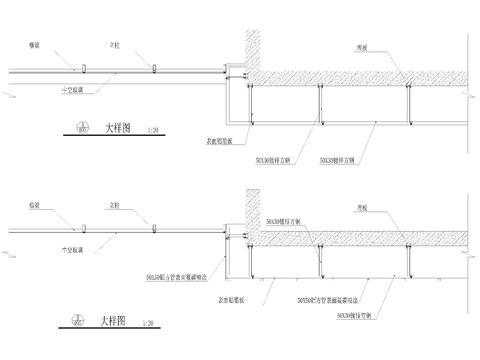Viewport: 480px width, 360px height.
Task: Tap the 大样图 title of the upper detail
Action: point(117,128)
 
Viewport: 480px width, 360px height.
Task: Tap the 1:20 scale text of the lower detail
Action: point(149,323)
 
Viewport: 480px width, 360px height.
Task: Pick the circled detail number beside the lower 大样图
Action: point(79,321)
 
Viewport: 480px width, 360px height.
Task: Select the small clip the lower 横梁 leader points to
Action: point(85,229)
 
